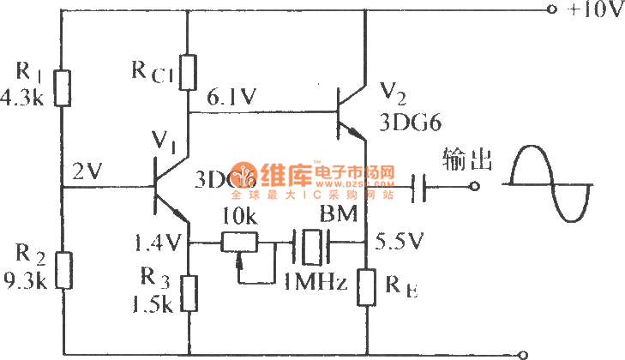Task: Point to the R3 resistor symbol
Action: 188,292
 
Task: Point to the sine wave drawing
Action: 549,185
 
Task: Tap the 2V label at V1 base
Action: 87,171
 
